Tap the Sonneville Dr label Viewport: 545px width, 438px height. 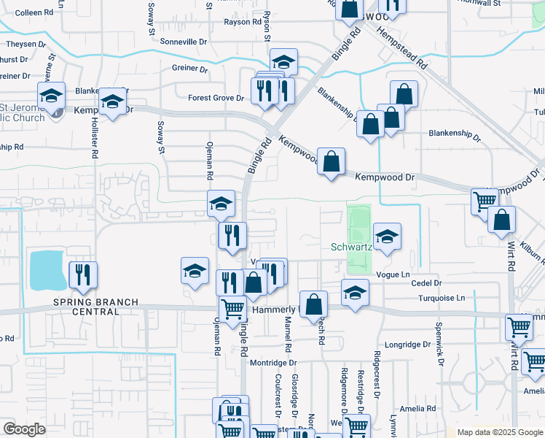click(184, 42)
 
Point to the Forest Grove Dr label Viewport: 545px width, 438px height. click(216, 98)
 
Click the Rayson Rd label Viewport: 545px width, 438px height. click(242, 22)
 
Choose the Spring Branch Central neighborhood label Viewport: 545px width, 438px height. click(85, 307)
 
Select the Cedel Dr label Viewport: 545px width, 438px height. click(426, 283)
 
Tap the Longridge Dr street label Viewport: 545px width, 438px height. click(408, 345)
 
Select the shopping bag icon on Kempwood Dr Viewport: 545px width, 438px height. click(331, 163)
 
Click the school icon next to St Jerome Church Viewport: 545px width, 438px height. click(52, 96)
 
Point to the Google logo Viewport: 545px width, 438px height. click(24, 429)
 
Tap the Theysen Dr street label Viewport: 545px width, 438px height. click(17, 44)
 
